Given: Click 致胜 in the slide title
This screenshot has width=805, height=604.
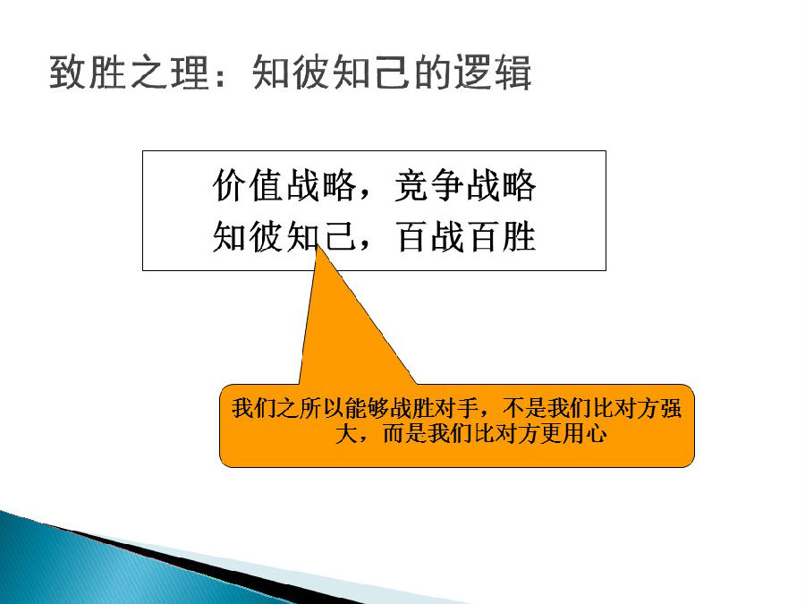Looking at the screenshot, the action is (x=88, y=72).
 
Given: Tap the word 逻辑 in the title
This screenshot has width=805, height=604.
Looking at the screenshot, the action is (x=493, y=72).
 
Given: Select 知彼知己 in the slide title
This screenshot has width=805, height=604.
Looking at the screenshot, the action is (x=329, y=72).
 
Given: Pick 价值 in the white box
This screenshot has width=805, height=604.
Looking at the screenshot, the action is (x=249, y=185).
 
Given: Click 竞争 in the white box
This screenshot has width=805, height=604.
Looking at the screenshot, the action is (x=429, y=185).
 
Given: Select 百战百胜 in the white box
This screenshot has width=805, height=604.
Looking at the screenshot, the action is (x=466, y=237).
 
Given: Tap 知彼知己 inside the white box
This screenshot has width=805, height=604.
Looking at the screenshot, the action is (x=284, y=237).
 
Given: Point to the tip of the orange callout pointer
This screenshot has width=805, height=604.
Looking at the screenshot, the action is (x=318, y=245).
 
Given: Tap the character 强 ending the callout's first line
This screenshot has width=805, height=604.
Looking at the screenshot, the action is (x=671, y=409).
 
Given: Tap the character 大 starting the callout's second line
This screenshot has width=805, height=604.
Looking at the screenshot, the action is (x=346, y=433).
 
